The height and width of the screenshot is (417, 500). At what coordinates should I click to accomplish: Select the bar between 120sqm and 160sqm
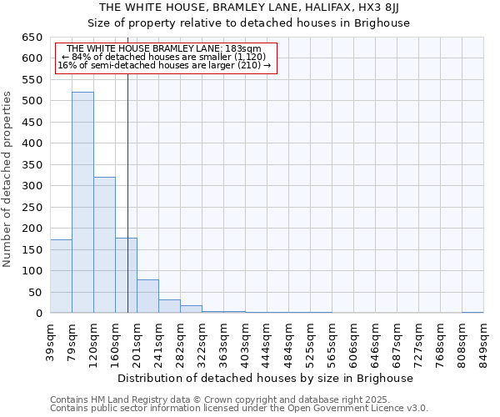pyautogui.click(x=104, y=245)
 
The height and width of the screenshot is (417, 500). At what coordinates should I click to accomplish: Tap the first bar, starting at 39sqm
pyautogui.click(x=61, y=276)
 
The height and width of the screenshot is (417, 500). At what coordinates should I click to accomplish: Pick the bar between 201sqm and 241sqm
pyautogui.click(x=147, y=296)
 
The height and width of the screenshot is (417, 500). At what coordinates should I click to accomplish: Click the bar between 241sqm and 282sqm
pyautogui.click(x=169, y=306)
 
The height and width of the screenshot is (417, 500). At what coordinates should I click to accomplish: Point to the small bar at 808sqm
pyautogui.click(x=472, y=312)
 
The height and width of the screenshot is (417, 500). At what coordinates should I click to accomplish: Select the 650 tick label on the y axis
pyautogui.click(x=32, y=38)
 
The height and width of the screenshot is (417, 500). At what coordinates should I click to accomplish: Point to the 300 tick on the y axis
pyautogui.click(x=32, y=186)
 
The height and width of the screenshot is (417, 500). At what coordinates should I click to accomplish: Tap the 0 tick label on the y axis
pyautogui.click(x=38, y=314)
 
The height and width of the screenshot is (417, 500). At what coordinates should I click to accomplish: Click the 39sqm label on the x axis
pyautogui.click(x=50, y=339)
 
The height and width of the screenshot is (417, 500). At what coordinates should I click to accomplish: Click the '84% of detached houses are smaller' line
pyautogui.click(x=163, y=57)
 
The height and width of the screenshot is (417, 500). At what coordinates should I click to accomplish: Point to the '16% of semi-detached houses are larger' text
pyautogui.click(x=163, y=65)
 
